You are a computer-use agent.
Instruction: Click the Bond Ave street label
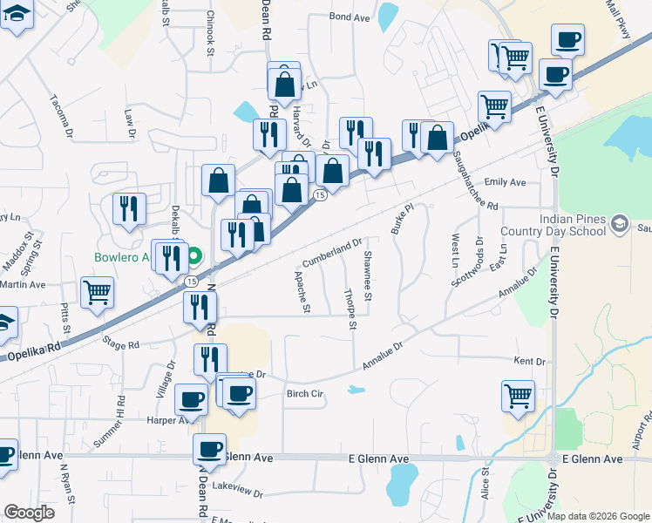(x=350, y=17)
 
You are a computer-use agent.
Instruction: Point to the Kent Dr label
(x=529, y=361)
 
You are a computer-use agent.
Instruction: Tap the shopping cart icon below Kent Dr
(x=518, y=397)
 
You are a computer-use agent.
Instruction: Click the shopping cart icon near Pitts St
(x=97, y=292)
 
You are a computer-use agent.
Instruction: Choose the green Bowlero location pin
(x=194, y=256)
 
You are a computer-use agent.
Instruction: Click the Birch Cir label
(x=305, y=394)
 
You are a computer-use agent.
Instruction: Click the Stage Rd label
(x=121, y=344)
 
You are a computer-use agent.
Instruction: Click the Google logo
(x=29, y=513)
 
